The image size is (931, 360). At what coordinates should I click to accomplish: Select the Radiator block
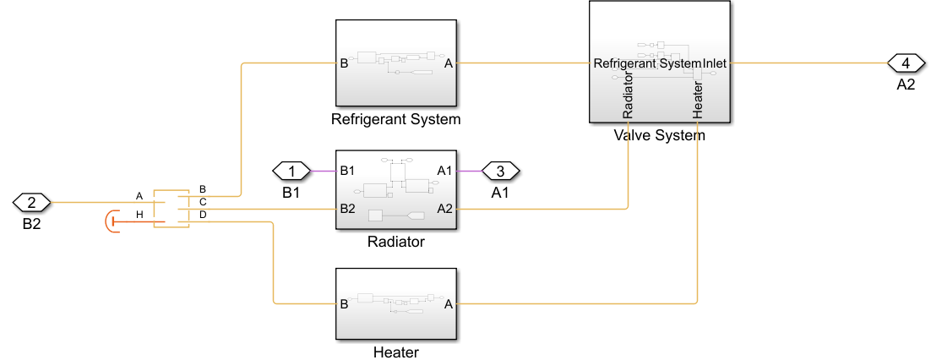[396, 190]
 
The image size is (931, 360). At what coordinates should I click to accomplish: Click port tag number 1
[291, 172]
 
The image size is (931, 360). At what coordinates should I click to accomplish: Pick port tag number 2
[32, 202]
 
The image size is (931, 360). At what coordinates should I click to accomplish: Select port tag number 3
[500, 172]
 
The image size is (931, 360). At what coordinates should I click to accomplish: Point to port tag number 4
[906, 63]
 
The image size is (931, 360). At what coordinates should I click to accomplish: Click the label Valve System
[660, 134]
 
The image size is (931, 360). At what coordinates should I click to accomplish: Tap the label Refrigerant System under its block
[396, 119]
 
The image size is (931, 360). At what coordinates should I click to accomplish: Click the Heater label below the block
[396, 352]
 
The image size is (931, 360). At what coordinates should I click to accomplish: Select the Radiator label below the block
[396, 243]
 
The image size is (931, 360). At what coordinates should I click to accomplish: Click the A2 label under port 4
[906, 85]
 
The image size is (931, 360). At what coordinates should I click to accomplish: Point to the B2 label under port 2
[32, 225]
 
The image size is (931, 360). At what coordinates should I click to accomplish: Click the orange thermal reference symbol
[110, 222]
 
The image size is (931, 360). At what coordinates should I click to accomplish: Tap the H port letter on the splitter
[139, 215]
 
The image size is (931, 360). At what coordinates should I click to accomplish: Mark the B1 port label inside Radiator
[347, 172]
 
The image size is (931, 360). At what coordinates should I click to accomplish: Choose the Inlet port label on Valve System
[715, 63]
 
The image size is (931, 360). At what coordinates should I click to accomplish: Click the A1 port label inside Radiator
[446, 172]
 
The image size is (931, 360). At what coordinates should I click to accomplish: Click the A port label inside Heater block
[449, 303]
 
